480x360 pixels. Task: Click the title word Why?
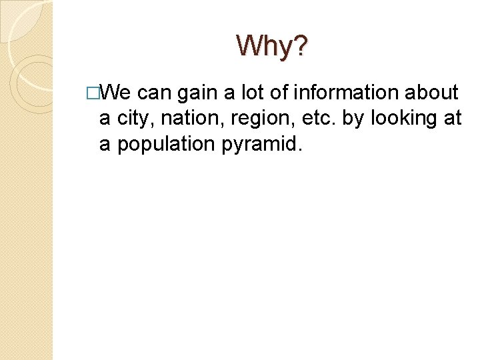click(x=272, y=46)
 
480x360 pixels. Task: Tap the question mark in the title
click(x=301, y=46)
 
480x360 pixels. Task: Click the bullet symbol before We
click(x=101, y=93)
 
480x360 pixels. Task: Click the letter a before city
click(x=105, y=119)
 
